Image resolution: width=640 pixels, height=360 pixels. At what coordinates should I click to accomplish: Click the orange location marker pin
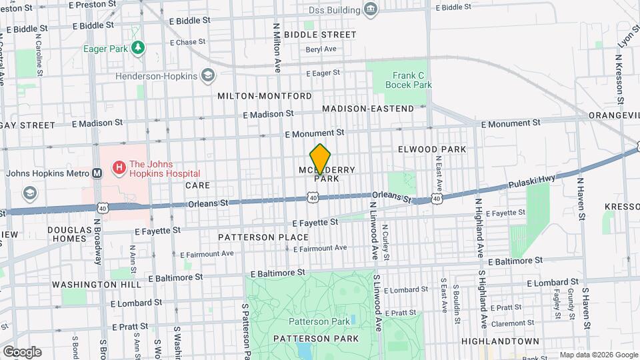[321, 159]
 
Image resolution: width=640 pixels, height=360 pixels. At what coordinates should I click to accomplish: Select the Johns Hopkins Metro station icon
[97, 173]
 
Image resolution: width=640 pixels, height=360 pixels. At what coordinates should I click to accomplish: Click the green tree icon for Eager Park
[137, 48]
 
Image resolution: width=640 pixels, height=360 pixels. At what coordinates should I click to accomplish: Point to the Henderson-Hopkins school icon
[209, 75]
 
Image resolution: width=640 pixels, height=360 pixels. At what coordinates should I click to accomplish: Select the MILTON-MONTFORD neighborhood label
[265, 96]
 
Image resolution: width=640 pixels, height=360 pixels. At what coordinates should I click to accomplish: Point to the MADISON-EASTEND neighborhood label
[368, 108]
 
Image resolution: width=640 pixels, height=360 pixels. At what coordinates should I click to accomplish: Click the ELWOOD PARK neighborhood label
[432, 149]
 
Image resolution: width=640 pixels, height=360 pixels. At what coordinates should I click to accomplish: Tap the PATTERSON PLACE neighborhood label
[263, 237]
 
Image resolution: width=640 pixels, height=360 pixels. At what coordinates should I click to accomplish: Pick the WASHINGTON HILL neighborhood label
[97, 284]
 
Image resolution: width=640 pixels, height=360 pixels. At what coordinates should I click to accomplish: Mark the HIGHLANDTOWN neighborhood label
[500, 341]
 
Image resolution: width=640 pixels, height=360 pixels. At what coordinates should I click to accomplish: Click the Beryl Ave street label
[321, 49]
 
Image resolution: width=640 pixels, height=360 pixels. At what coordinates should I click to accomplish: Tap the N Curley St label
[385, 239]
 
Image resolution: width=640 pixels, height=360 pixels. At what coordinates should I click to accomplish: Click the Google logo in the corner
[21, 351]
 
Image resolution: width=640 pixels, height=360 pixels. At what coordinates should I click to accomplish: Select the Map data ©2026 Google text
[599, 355]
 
